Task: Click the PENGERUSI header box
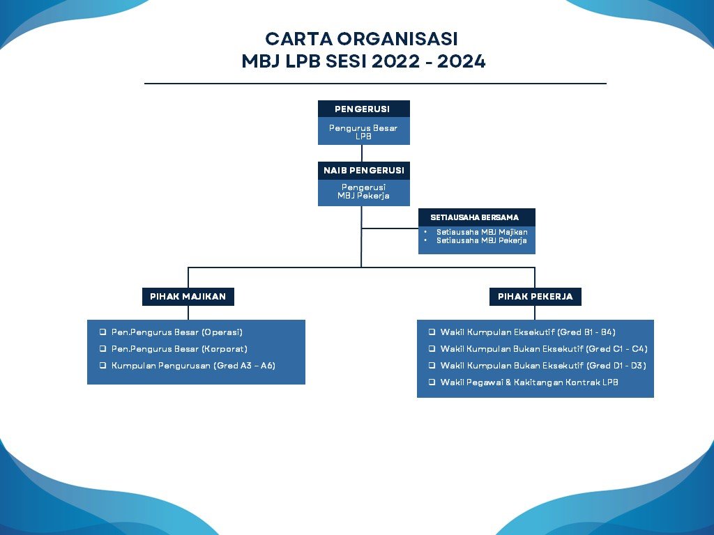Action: [x=364, y=109]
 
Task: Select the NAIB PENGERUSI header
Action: [x=364, y=171]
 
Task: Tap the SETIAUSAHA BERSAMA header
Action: [x=477, y=217]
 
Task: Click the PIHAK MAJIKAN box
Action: [x=188, y=297]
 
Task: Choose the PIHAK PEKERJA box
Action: [x=535, y=297]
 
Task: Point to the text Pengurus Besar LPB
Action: [x=363, y=132]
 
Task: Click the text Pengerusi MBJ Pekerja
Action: [x=363, y=192]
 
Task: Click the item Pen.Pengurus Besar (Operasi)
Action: [x=176, y=332]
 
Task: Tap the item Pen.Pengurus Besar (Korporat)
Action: [x=179, y=349]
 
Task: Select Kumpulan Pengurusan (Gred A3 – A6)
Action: [x=193, y=366]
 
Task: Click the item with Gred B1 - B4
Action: [x=528, y=332]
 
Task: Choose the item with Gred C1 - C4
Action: [x=544, y=349]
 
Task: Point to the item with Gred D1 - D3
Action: [x=543, y=366]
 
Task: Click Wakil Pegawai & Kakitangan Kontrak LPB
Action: [x=529, y=382]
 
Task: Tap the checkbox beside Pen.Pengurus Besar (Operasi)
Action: [x=103, y=332]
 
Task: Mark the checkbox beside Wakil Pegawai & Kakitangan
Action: [x=432, y=382]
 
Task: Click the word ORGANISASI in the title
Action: [x=397, y=39]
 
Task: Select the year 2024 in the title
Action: [x=462, y=61]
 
